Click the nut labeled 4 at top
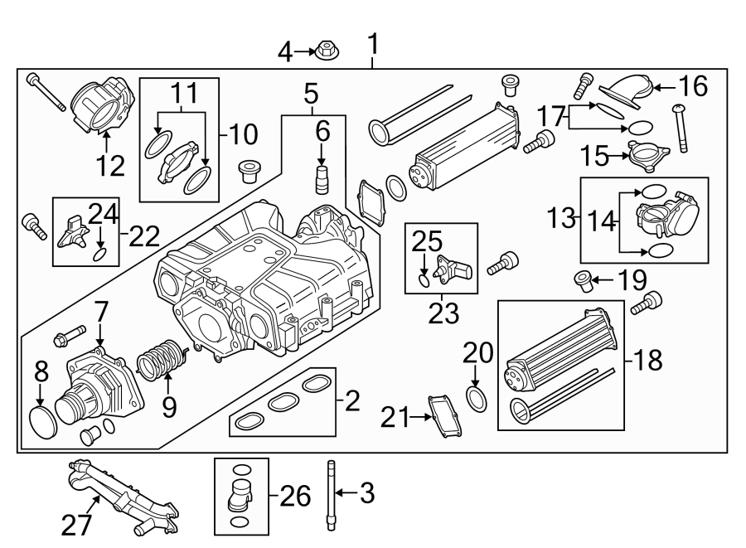326,52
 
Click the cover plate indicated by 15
647,155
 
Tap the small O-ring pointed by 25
424,281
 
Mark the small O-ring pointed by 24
99,255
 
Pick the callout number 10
242,134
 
